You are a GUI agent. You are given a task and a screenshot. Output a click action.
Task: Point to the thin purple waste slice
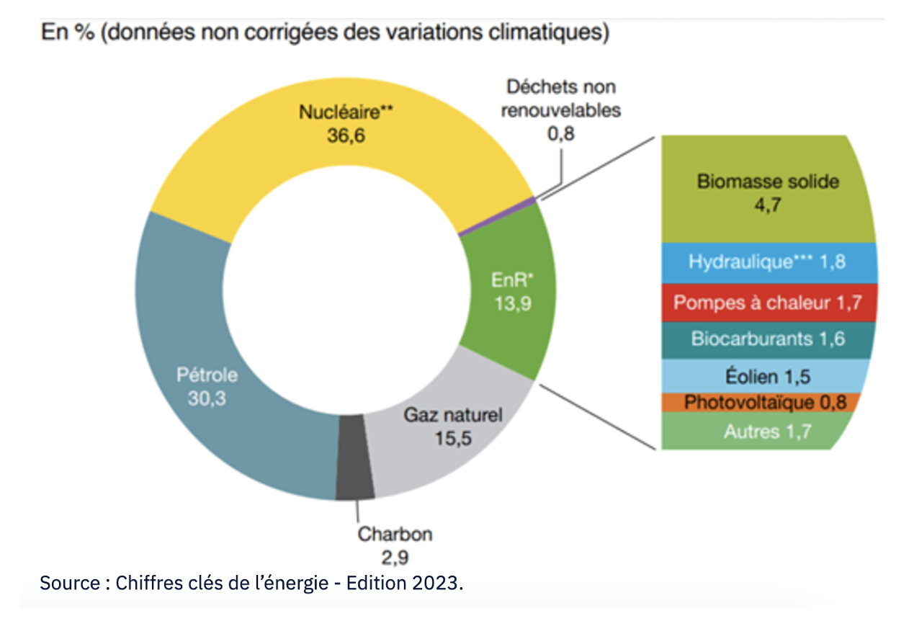[x=497, y=215]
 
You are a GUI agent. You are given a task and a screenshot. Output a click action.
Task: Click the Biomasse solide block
[x=768, y=191]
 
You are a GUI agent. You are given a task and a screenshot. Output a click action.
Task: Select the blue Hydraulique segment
[x=766, y=262]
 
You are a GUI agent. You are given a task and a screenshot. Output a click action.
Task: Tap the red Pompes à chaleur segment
[x=767, y=303]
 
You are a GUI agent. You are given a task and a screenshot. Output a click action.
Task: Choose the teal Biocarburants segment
[x=768, y=338]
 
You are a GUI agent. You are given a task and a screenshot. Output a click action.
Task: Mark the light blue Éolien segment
[x=768, y=375]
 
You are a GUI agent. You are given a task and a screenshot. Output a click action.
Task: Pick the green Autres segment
[x=767, y=432]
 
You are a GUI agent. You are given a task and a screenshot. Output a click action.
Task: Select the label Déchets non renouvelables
[x=561, y=99]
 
